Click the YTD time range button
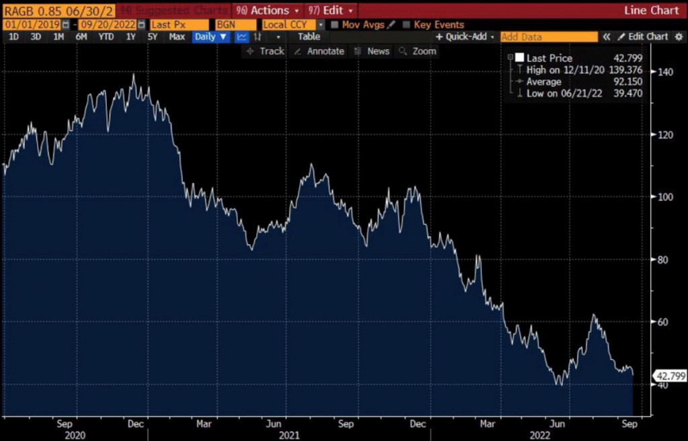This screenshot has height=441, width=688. [x=105, y=37]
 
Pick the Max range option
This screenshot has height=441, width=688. [x=177, y=37]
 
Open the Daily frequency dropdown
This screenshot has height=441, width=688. [x=210, y=37]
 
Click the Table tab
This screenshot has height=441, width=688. [x=309, y=37]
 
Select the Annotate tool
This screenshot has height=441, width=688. [x=320, y=51]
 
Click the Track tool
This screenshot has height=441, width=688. [x=266, y=51]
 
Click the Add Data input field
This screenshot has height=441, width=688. [x=548, y=37]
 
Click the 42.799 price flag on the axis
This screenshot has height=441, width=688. [x=671, y=376]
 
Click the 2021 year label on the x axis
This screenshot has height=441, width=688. [x=290, y=435]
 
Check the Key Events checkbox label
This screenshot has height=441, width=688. [x=439, y=25]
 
